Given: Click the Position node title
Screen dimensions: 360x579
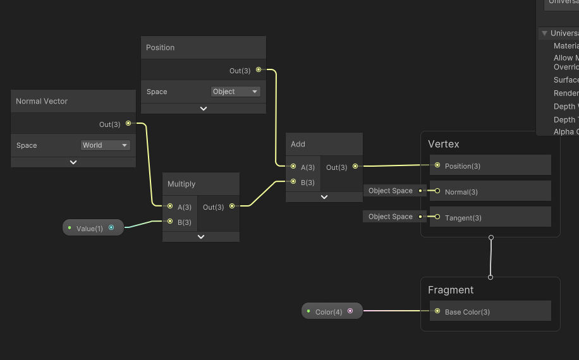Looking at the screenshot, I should click(161, 47).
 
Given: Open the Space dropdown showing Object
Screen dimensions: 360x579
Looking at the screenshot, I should click(235, 92).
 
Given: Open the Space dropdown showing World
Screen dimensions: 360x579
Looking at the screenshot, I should click(105, 145).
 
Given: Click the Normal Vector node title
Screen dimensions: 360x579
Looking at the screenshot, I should click(42, 101).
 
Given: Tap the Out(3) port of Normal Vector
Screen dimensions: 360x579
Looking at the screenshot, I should click(128, 124).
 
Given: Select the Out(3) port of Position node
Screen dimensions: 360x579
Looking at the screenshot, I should click(259, 70).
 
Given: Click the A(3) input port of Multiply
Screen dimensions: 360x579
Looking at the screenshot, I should click(170, 207).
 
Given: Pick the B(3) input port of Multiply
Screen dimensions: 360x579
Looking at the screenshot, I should click(170, 222).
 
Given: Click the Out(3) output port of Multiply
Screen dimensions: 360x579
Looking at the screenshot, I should click(232, 207).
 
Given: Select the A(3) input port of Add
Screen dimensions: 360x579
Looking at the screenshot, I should click(293, 167).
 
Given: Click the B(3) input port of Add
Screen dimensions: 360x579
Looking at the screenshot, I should click(293, 182).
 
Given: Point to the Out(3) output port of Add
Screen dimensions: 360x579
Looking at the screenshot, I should click(355, 167).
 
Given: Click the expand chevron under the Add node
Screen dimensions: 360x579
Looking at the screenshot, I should click(324, 197).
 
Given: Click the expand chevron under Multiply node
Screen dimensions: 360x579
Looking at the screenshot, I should click(201, 237).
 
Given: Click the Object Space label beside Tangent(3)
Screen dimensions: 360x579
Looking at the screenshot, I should click(391, 217).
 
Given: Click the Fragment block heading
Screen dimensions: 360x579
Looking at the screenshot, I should click(451, 290).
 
